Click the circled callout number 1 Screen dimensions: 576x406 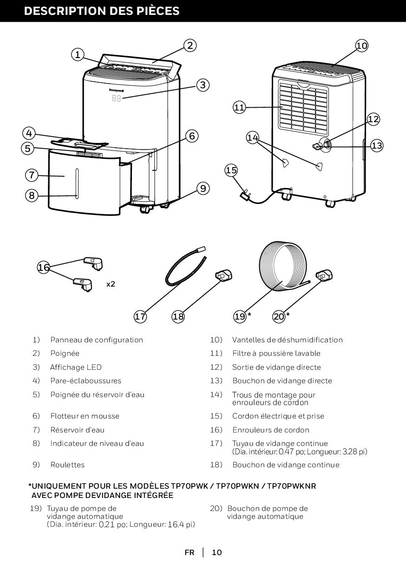(78, 54)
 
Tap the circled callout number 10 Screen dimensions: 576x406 (362, 45)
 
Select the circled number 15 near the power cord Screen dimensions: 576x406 (231, 170)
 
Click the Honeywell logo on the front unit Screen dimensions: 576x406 (117, 89)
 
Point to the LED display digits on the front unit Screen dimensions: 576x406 (116, 98)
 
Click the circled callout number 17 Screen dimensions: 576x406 (140, 317)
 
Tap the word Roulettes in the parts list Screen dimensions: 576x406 (67, 465)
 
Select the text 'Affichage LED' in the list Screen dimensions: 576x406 (76, 367)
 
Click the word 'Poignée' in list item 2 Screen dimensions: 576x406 (65, 353)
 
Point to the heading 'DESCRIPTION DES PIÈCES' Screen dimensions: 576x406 (102, 11)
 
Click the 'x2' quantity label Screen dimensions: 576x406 (111, 283)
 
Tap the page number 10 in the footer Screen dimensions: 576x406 (217, 552)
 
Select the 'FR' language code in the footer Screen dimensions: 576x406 (189, 552)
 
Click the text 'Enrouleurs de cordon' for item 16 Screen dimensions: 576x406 (270, 430)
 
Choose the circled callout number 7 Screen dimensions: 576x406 (31, 175)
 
